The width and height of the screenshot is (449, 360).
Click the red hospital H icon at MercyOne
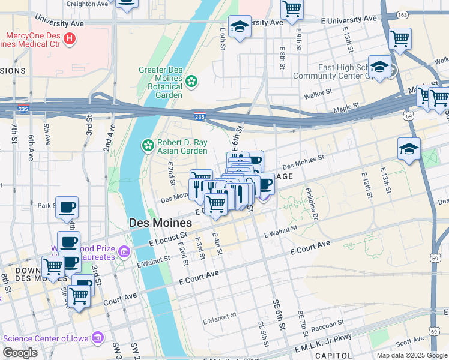[70, 40]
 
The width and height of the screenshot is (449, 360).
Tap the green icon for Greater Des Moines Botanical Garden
[191, 80]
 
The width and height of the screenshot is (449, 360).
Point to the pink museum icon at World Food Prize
[124, 250]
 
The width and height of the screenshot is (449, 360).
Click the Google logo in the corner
[20, 353]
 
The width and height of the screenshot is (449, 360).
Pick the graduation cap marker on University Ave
[240, 26]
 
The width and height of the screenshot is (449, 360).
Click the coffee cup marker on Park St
[68, 207]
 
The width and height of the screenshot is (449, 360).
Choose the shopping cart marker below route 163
[400, 39]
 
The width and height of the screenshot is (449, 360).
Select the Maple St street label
[346, 108]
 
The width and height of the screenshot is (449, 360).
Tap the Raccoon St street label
[327, 326]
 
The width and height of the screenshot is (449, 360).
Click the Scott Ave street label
[410, 342]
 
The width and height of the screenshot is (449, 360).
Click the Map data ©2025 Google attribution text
[411, 355]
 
